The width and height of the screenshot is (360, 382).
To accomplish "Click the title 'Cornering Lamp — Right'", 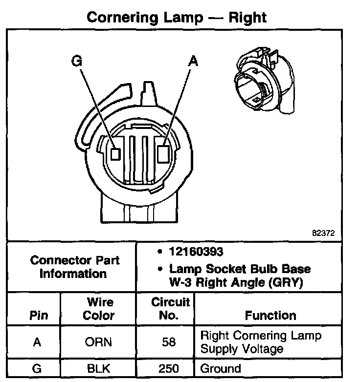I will pyautogui.click(x=177, y=18).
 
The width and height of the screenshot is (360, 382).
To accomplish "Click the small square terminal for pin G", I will pyautogui.click(x=115, y=154).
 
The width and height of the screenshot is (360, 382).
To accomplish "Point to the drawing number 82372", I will pyautogui.click(x=323, y=233).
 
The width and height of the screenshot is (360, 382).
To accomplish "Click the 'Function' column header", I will pyautogui.click(x=270, y=315).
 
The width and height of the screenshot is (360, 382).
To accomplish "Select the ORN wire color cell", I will pyautogui.click(x=98, y=342).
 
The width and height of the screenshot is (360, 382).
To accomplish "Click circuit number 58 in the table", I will pyautogui.click(x=169, y=342).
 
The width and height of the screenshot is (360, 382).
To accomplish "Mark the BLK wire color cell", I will pyautogui.click(x=98, y=368).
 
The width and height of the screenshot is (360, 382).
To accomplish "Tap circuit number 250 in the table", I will pyautogui.click(x=169, y=368).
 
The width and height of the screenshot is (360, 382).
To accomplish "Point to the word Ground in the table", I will pyautogui.click(x=221, y=368).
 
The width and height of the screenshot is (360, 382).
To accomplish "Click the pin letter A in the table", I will pyautogui.click(x=36, y=342).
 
